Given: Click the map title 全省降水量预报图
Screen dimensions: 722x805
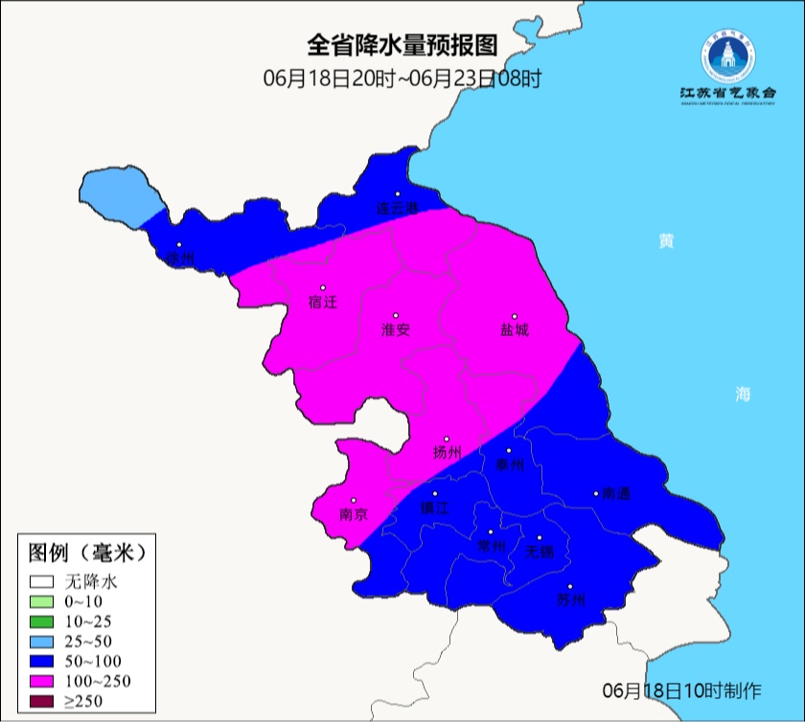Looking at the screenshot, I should click(x=402, y=45).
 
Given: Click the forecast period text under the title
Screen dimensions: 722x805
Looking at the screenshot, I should click(x=402, y=79).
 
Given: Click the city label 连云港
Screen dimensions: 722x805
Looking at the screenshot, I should click(x=398, y=208).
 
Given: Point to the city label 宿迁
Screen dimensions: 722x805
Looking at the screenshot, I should click(x=323, y=303).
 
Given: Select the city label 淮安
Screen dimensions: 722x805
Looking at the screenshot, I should click(x=396, y=329).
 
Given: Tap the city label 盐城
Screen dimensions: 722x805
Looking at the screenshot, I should click(x=515, y=330).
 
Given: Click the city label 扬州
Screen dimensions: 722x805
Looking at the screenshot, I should click(x=447, y=453).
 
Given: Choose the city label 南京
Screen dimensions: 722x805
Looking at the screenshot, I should click(x=354, y=515).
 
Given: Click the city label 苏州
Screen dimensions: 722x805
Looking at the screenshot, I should click(x=570, y=601).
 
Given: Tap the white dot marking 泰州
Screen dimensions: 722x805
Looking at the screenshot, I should click(x=510, y=450).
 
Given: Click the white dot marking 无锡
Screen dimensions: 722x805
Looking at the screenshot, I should click(x=540, y=537).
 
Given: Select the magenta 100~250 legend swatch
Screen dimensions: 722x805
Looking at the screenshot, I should click(x=42, y=682).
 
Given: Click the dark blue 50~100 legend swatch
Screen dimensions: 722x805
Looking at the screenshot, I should click(x=42, y=662).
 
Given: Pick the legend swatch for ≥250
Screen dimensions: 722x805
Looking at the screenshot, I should click(x=42, y=702).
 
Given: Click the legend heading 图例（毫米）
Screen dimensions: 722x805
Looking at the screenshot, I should click(x=86, y=553).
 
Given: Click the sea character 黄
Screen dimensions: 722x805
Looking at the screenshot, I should click(x=665, y=240).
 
